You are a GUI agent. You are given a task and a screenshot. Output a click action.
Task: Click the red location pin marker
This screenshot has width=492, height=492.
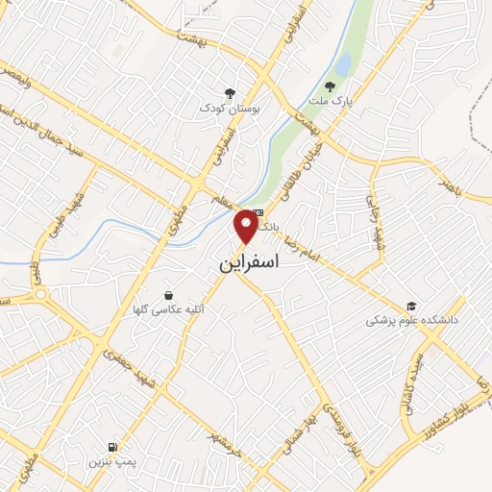pyautogui.click(x=247, y=227)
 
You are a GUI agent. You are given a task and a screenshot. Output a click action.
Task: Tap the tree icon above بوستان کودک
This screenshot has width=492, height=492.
pyautogui.click(x=229, y=93)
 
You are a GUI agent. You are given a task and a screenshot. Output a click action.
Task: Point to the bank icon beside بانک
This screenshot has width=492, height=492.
pyautogui.click(x=256, y=214)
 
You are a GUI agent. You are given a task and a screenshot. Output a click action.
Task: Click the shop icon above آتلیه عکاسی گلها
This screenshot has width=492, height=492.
pyautogui.click(x=169, y=295)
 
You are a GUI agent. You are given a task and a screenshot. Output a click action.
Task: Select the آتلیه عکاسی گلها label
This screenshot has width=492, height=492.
pyautogui.click(x=174, y=310)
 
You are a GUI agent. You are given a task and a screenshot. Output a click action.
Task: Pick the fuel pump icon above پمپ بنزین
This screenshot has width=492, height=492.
pyautogui.click(x=113, y=447)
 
